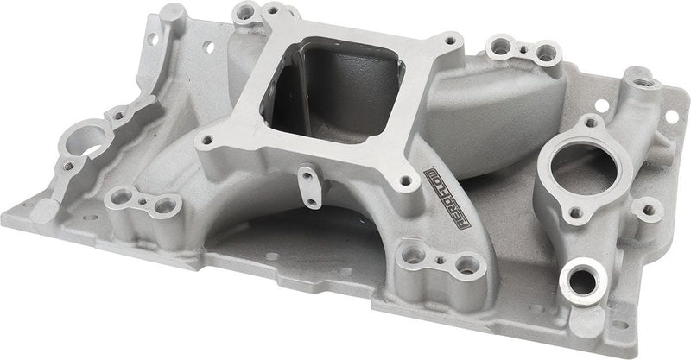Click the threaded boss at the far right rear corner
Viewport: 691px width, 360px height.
[644, 83]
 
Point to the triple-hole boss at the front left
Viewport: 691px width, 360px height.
[144, 204]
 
